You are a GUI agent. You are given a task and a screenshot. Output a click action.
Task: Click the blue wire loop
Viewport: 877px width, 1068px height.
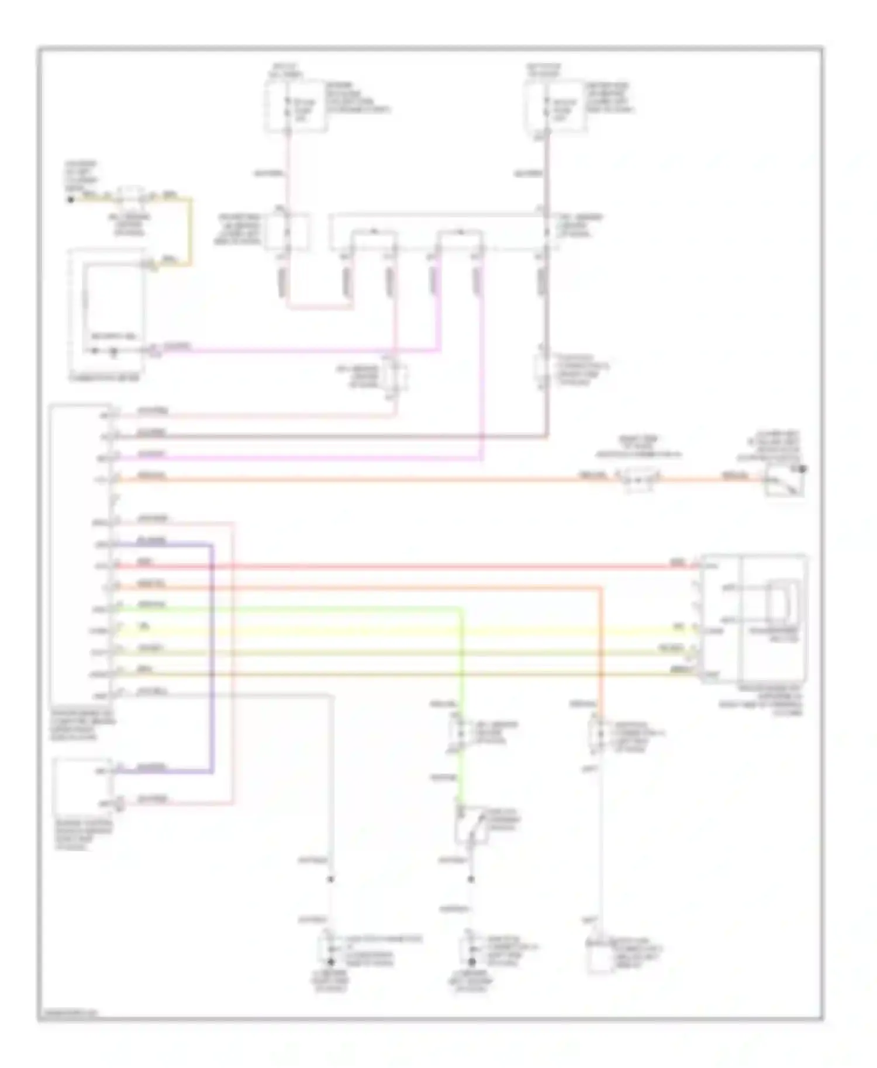[x=212, y=654]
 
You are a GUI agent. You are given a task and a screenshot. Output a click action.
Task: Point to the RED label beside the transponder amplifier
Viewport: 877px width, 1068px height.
[x=677, y=563]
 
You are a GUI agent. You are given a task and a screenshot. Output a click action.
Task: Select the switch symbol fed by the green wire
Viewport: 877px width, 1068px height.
[x=471, y=824]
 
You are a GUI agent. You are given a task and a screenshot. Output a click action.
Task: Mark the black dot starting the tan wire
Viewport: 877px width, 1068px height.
[x=71, y=199]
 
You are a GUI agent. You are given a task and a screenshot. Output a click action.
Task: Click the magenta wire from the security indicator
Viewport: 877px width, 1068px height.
[x=292, y=351]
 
